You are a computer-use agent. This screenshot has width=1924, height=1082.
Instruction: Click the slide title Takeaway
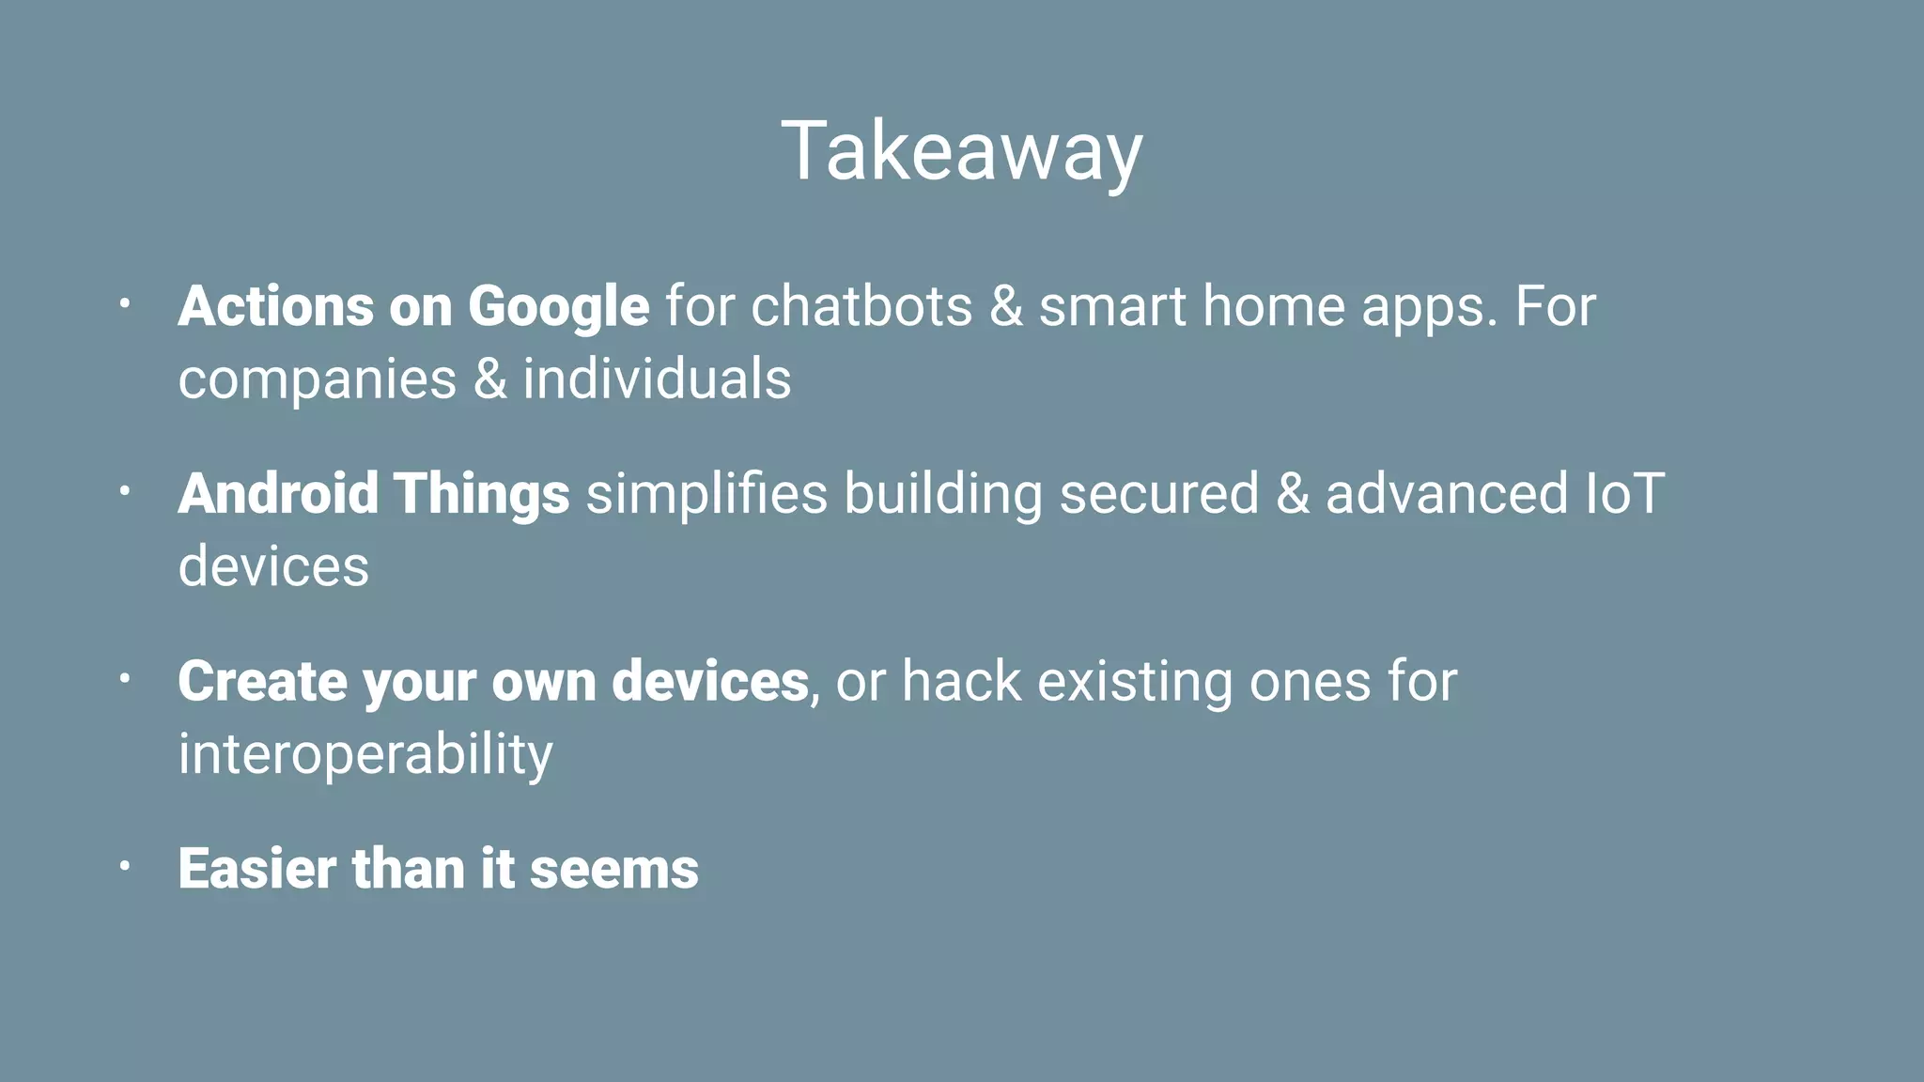(x=962, y=152)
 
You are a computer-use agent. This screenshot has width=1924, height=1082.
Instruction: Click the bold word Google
(x=558, y=308)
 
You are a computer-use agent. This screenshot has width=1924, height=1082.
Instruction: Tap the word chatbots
(x=861, y=306)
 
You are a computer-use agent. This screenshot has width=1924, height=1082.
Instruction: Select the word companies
(x=318, y=380)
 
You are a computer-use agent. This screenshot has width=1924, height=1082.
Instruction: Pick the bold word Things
(x=481, y=495)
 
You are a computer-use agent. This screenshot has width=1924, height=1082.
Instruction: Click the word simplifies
(x=706, y=495)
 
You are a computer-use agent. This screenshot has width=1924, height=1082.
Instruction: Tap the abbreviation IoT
(x=1624, y=493)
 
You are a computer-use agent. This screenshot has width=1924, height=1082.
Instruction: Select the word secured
(x=1158, y=493)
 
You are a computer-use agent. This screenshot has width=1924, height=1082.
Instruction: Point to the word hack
(x=961, y=681)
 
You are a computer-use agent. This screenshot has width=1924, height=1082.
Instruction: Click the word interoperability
(x=365, y=754)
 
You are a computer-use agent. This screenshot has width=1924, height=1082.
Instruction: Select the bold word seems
(x=613, y=870)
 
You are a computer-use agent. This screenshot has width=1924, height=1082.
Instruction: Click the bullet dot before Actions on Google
(x=124, y=303)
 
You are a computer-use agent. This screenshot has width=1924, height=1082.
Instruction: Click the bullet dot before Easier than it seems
(x=124, y=866)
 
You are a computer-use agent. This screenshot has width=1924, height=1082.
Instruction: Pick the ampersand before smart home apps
(x=1005, y=306)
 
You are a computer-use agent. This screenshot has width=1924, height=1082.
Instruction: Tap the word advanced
(x=1447, y=493)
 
